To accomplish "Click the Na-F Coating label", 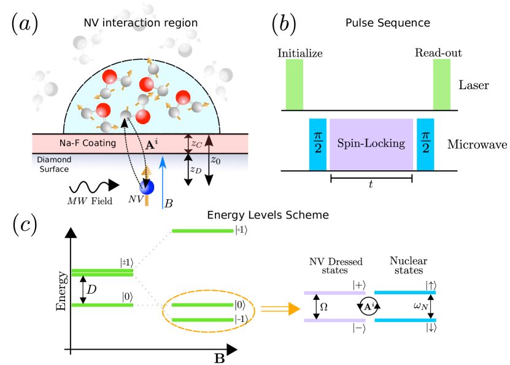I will point(87,143).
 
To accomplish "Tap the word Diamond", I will point(54,160).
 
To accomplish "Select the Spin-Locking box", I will point(371,144).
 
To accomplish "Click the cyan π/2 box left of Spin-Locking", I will point(317,144).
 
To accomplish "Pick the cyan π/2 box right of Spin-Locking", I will point(425,144).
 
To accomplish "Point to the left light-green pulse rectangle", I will point(295,84).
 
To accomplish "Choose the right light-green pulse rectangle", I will point(441,84).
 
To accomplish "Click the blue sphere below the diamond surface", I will point(147,187).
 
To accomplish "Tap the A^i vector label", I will point(152,145).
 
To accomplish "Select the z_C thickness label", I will point(196,144).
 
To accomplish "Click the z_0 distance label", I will point(215,160).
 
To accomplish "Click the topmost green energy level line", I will point(203,230).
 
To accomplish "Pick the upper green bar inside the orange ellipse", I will point(203,305).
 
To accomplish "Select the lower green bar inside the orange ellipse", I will point(203,320).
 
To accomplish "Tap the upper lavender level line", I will point(334,293).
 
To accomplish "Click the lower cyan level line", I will point(405,320).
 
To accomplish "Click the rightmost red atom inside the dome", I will point(183,98).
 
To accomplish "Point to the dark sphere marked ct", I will point(139,24).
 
